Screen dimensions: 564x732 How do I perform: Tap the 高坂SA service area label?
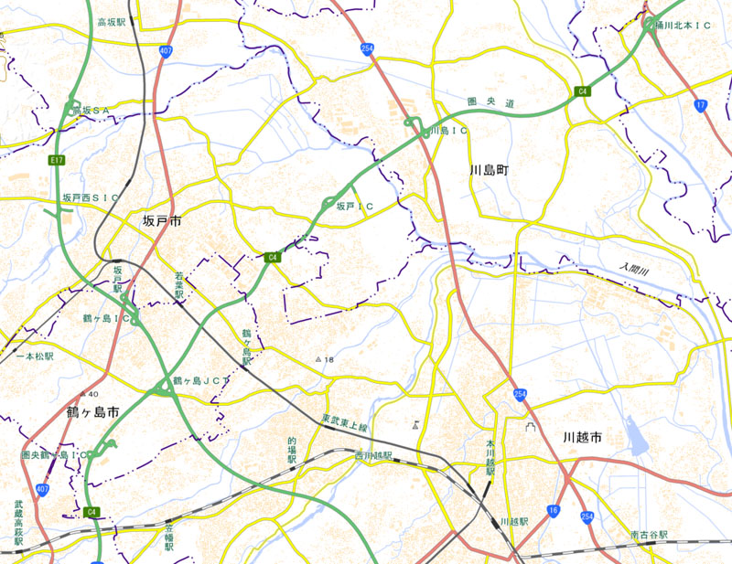point(91,110)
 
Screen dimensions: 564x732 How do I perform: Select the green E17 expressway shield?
point(57,160)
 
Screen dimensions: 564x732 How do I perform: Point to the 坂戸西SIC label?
point(91,197)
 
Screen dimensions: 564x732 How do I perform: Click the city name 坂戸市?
point(162,222)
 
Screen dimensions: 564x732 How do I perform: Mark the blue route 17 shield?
point(701,106)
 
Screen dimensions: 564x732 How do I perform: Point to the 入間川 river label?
point(631,269)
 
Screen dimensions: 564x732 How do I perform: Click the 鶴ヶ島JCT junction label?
point(201,380)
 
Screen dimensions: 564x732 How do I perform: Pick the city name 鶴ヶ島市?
point(93,413)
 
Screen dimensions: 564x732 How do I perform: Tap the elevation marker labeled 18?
point(325,360)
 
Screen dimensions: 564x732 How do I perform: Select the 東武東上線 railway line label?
point(344,425)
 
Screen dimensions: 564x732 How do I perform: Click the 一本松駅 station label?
point(35,356)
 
